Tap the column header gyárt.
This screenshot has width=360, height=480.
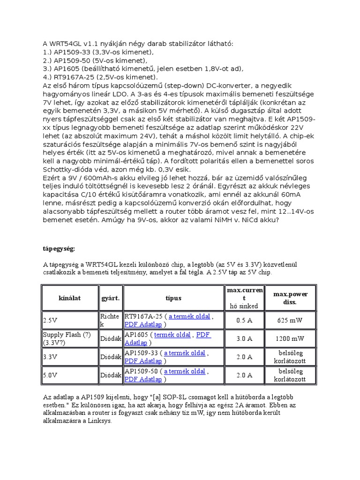[x=111, y=298]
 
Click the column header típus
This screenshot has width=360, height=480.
[x=173, y=298]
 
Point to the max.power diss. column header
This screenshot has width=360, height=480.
[x=291, y=298]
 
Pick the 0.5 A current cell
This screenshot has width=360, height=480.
[x=244, y=321]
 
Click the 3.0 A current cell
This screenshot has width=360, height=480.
[x=244, y=338]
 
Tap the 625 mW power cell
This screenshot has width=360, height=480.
[x=291, y=321]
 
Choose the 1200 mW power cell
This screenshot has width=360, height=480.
[x=291, y=338]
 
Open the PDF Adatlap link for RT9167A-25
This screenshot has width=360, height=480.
[x=143, y=324]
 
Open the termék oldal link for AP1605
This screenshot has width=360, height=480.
[x=172, y=335]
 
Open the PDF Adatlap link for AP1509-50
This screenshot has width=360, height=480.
[x=143, y=379]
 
